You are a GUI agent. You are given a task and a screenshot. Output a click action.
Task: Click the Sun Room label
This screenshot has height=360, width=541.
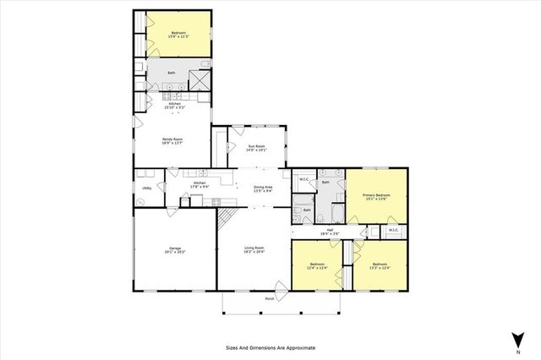257,148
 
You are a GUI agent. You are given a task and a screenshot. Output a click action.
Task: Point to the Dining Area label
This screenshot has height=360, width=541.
263,188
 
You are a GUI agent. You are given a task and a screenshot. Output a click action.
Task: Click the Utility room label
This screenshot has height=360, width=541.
146,188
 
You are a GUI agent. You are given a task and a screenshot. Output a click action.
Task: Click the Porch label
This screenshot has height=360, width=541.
270,299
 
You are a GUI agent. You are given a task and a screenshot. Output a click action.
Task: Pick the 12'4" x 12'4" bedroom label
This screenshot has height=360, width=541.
317,266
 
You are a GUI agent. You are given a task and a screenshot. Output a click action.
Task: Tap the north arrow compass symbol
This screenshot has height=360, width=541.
513,341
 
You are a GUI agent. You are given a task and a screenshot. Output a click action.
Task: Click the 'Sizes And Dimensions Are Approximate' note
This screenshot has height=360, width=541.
270,347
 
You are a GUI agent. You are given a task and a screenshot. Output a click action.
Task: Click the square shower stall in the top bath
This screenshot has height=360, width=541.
199,79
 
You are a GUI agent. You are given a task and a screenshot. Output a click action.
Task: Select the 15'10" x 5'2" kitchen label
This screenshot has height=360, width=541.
172,106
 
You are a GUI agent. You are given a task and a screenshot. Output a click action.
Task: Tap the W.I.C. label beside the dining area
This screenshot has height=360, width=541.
303,178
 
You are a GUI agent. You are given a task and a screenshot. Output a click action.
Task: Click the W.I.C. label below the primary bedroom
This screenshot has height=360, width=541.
393,230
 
